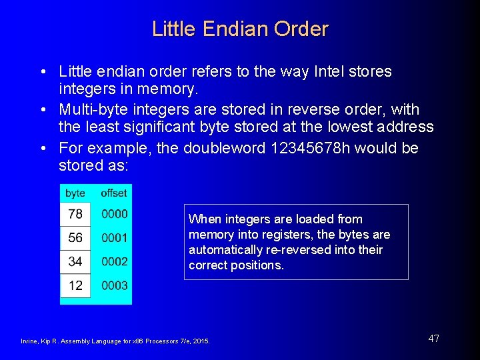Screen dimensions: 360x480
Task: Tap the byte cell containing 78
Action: (x=75, y=214)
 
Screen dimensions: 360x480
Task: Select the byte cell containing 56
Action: (x=75, y=237)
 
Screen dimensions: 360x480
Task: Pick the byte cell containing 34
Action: (x=75, y=261)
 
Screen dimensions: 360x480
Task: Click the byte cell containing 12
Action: (x=75, y=285)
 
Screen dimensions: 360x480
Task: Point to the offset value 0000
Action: (x=114, y=214)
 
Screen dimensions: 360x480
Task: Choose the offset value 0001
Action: (x=114, y=237)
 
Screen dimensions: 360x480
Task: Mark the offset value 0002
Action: (x=114, y=261)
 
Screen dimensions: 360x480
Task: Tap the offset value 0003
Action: (x=114, y=285)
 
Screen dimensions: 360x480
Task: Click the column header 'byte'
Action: (x=75, y=193)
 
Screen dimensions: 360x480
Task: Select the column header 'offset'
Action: (x=113, y=193)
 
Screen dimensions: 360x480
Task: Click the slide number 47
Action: (x=433, y=339)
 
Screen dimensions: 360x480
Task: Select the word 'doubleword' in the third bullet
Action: (x=212, y=148)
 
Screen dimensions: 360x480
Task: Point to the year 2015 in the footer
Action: (x=201, y=341)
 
